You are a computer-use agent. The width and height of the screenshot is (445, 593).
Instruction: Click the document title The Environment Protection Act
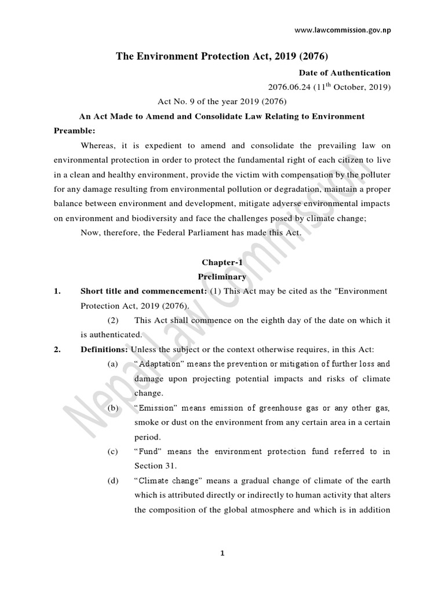coord(222,56)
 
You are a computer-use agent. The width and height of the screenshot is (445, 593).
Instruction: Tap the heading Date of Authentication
coord(344,73)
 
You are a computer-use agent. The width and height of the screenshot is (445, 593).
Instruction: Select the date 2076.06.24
coord(288,87)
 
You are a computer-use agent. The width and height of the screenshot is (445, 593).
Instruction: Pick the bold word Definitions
coord(104,350)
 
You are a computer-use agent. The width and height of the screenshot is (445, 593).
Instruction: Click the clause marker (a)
coord(112,364)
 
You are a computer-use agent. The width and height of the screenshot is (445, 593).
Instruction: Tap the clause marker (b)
coord(112,408)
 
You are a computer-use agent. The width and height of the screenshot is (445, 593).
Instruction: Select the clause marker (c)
coord(112,452)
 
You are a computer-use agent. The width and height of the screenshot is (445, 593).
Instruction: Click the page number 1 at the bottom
coord(222,554)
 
